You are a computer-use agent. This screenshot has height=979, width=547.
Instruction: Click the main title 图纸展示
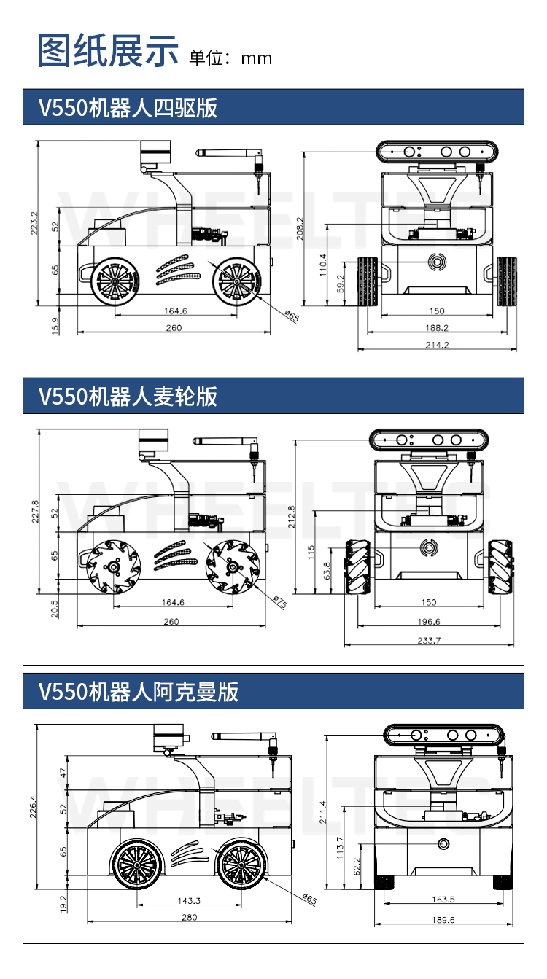click(108, 51)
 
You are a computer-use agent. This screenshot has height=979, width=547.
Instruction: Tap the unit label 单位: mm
click(230, 58)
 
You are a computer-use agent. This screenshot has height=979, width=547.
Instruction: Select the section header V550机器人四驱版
click(128, 108)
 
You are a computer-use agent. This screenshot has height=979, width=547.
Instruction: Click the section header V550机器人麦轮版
click(128, 397)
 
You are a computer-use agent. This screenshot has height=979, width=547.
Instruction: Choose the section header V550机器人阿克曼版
click(139, 691)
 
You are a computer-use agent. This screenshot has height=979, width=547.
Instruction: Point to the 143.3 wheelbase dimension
click(189, 901)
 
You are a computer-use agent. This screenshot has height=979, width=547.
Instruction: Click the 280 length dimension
click(189, 918)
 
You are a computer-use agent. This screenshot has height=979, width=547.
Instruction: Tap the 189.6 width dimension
click(443, 920)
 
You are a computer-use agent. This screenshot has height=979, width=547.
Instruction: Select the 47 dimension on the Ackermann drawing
click(63, 773)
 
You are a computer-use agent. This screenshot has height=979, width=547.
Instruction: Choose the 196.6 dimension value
click(429, 622)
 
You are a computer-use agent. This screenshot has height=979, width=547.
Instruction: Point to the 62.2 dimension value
click(357, 866)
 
